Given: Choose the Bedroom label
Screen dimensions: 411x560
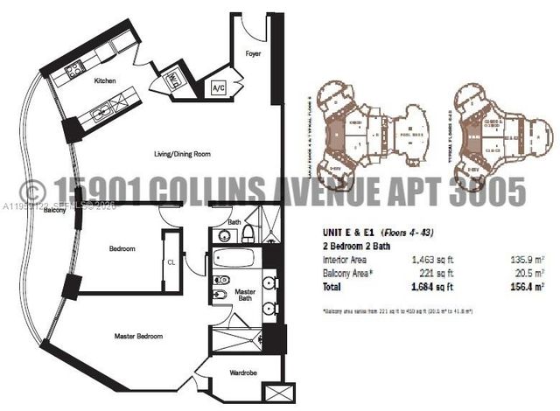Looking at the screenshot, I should click(122, 249).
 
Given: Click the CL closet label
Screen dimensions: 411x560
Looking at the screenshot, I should click(171, 261).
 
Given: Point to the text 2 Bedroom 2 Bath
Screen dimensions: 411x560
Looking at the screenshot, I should click(356, 247).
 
